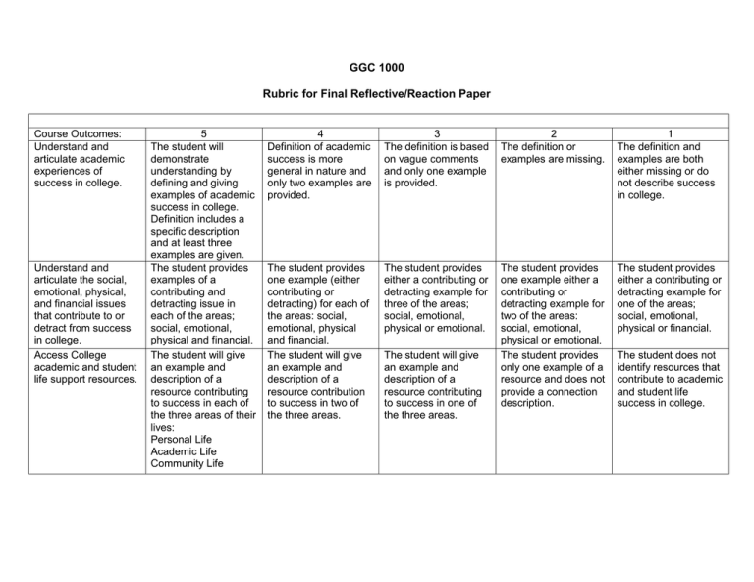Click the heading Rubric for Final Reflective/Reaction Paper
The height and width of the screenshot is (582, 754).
tap(377, 95)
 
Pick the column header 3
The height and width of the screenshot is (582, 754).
tap(436, 132)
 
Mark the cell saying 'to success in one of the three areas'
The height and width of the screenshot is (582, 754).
tap(436, 385)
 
